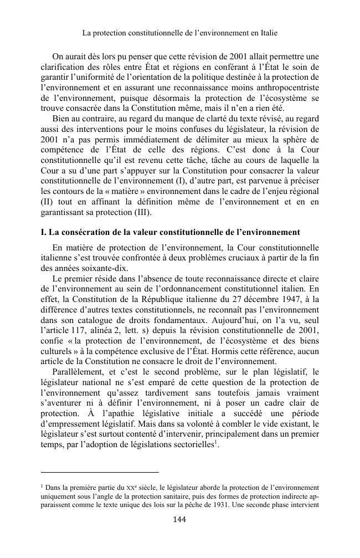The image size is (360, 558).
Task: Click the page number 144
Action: pyautogui.click(x=179, y=519)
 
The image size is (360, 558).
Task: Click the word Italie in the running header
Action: pyautogui.click(x=266, y=33)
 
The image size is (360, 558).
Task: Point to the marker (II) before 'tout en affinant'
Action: pyautogui.click(x=48, y=203)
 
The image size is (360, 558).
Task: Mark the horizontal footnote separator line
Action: pyautogui.click(x=100, y=473)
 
